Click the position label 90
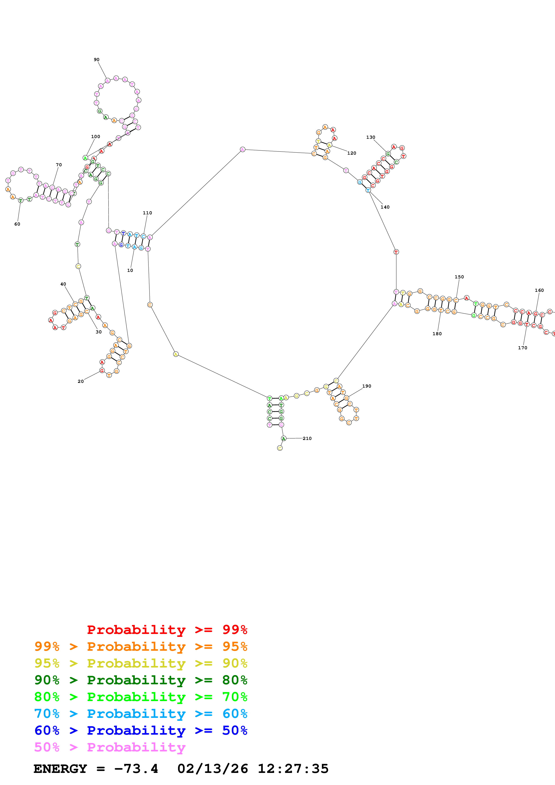click(96, 60)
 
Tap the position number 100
click(95, 137)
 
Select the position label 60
click(17, 224)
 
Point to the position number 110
click(147, 213)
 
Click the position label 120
click(351, 153)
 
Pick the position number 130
click(371, 137)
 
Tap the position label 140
click(385, 207)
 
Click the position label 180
click(437, 334)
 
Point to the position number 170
click(523, 348)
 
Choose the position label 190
click(366, 386)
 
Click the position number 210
click(307, 438)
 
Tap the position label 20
click(81, 381)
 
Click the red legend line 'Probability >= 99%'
click(167, 629)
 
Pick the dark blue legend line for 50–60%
click(141, 730)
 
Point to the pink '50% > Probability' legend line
click(110, 747)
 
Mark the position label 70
click(59, 165)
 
